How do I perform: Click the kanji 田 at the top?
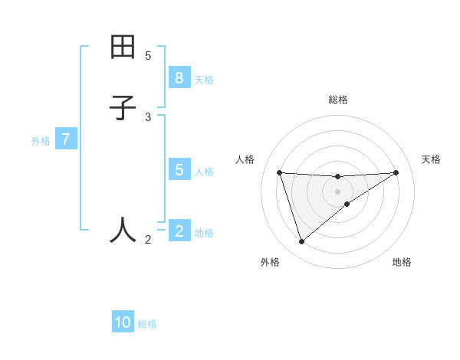tap(123, 47)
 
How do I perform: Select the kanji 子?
tap(123, 108)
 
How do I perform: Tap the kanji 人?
tap(123, 229)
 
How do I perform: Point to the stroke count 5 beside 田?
tap(148, 55)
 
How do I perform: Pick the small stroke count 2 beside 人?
tap(148, 240)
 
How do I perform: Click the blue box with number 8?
tap(179, 78)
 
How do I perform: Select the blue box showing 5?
tap(179, 170)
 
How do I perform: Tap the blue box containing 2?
tap(179, 231)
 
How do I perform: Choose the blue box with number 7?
tap(66, 140)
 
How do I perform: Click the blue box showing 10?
tap(123, 322)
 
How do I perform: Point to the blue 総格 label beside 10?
tap(147, 324)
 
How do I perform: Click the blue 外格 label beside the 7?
tap(41, 141)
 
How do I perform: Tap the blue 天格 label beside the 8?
tap(204, 80)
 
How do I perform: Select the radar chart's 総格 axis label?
tap(337, 100)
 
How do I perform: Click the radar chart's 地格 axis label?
tap(402, 262)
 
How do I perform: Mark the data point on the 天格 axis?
tap(396, 172)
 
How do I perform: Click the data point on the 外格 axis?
tap(301, 241)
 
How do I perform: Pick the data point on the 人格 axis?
tap(280, 172)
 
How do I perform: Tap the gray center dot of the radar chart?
tap(337, 191)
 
